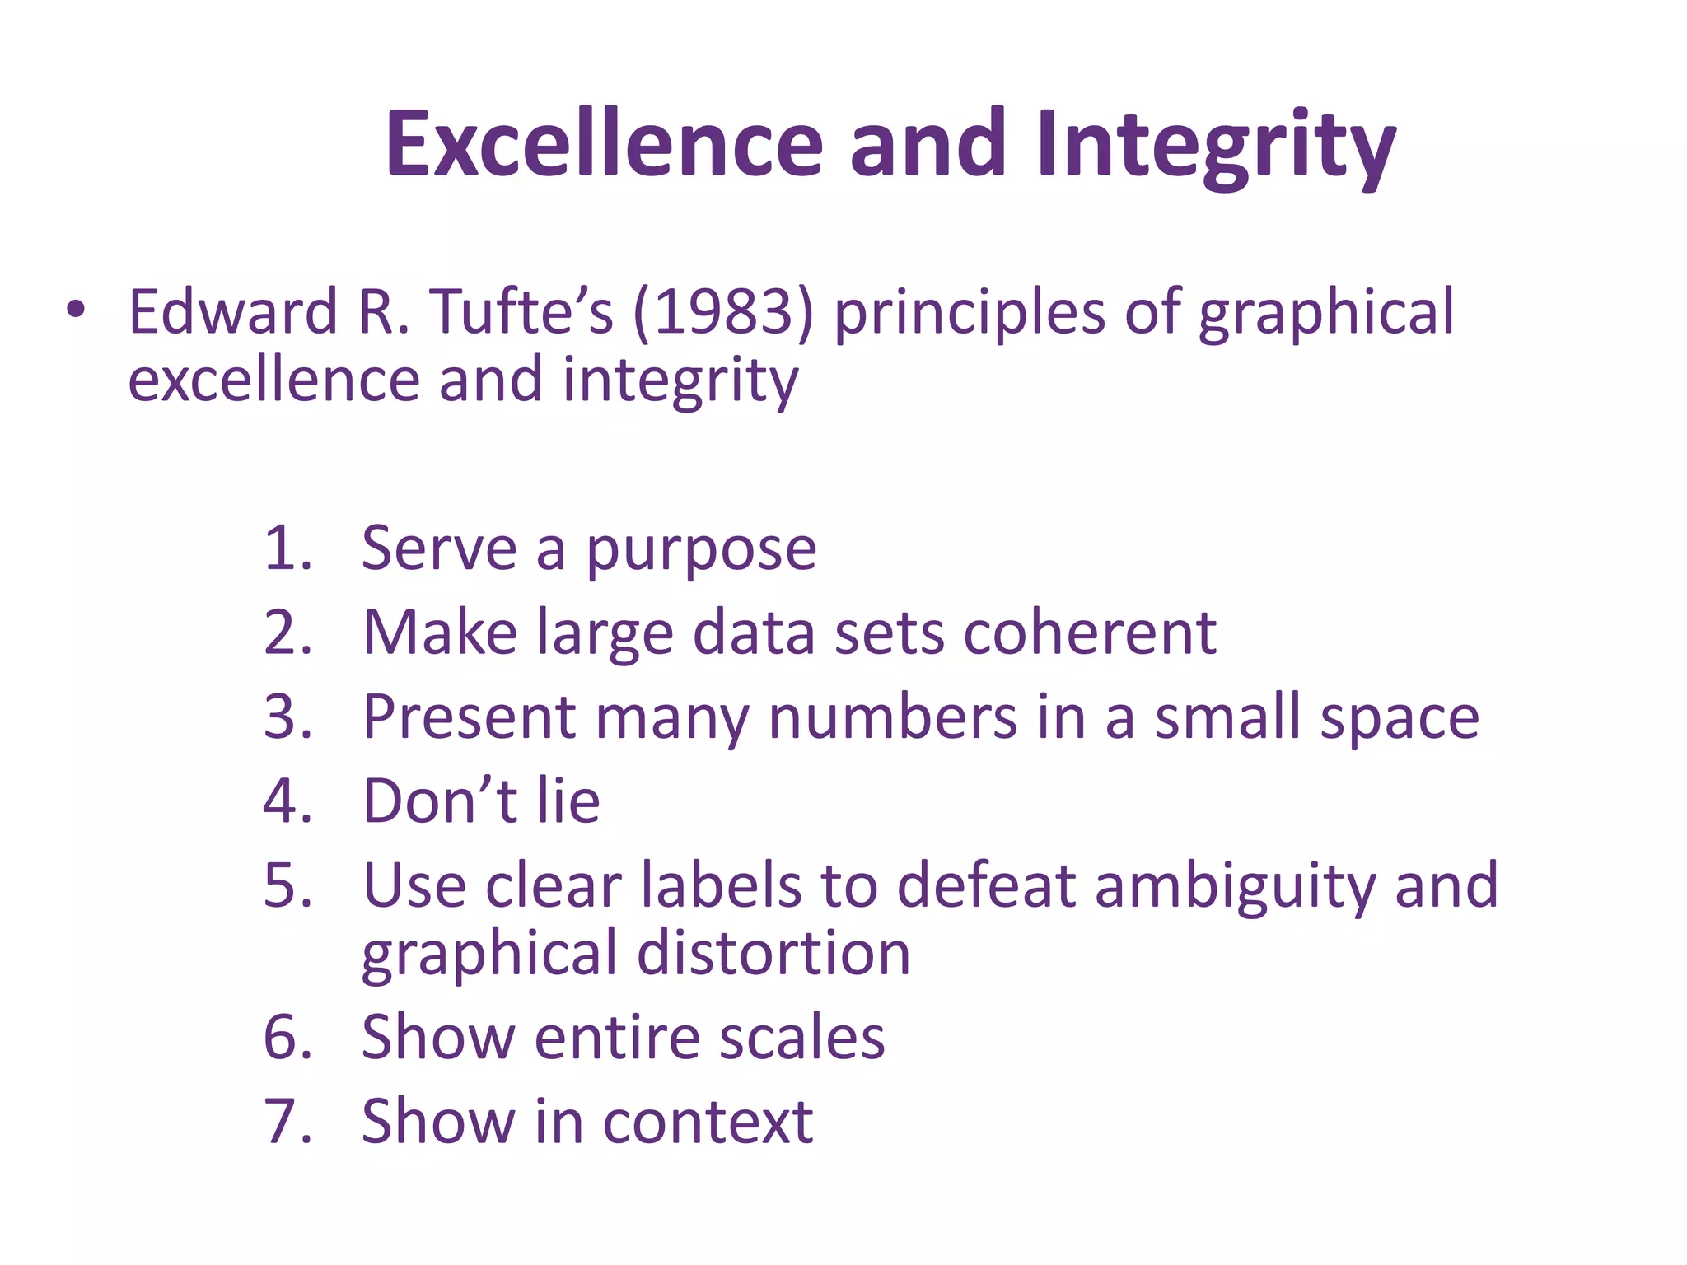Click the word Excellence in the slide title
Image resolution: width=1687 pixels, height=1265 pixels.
[605, 145]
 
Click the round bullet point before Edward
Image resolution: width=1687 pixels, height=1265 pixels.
[76, 310]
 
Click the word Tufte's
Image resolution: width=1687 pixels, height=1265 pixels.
[522, 312]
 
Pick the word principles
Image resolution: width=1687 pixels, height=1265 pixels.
[970, 314]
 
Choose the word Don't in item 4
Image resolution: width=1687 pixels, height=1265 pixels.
[440, 801]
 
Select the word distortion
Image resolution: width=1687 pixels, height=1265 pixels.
[773, 953]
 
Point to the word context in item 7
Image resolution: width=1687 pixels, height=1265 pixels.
[708, 1123]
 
